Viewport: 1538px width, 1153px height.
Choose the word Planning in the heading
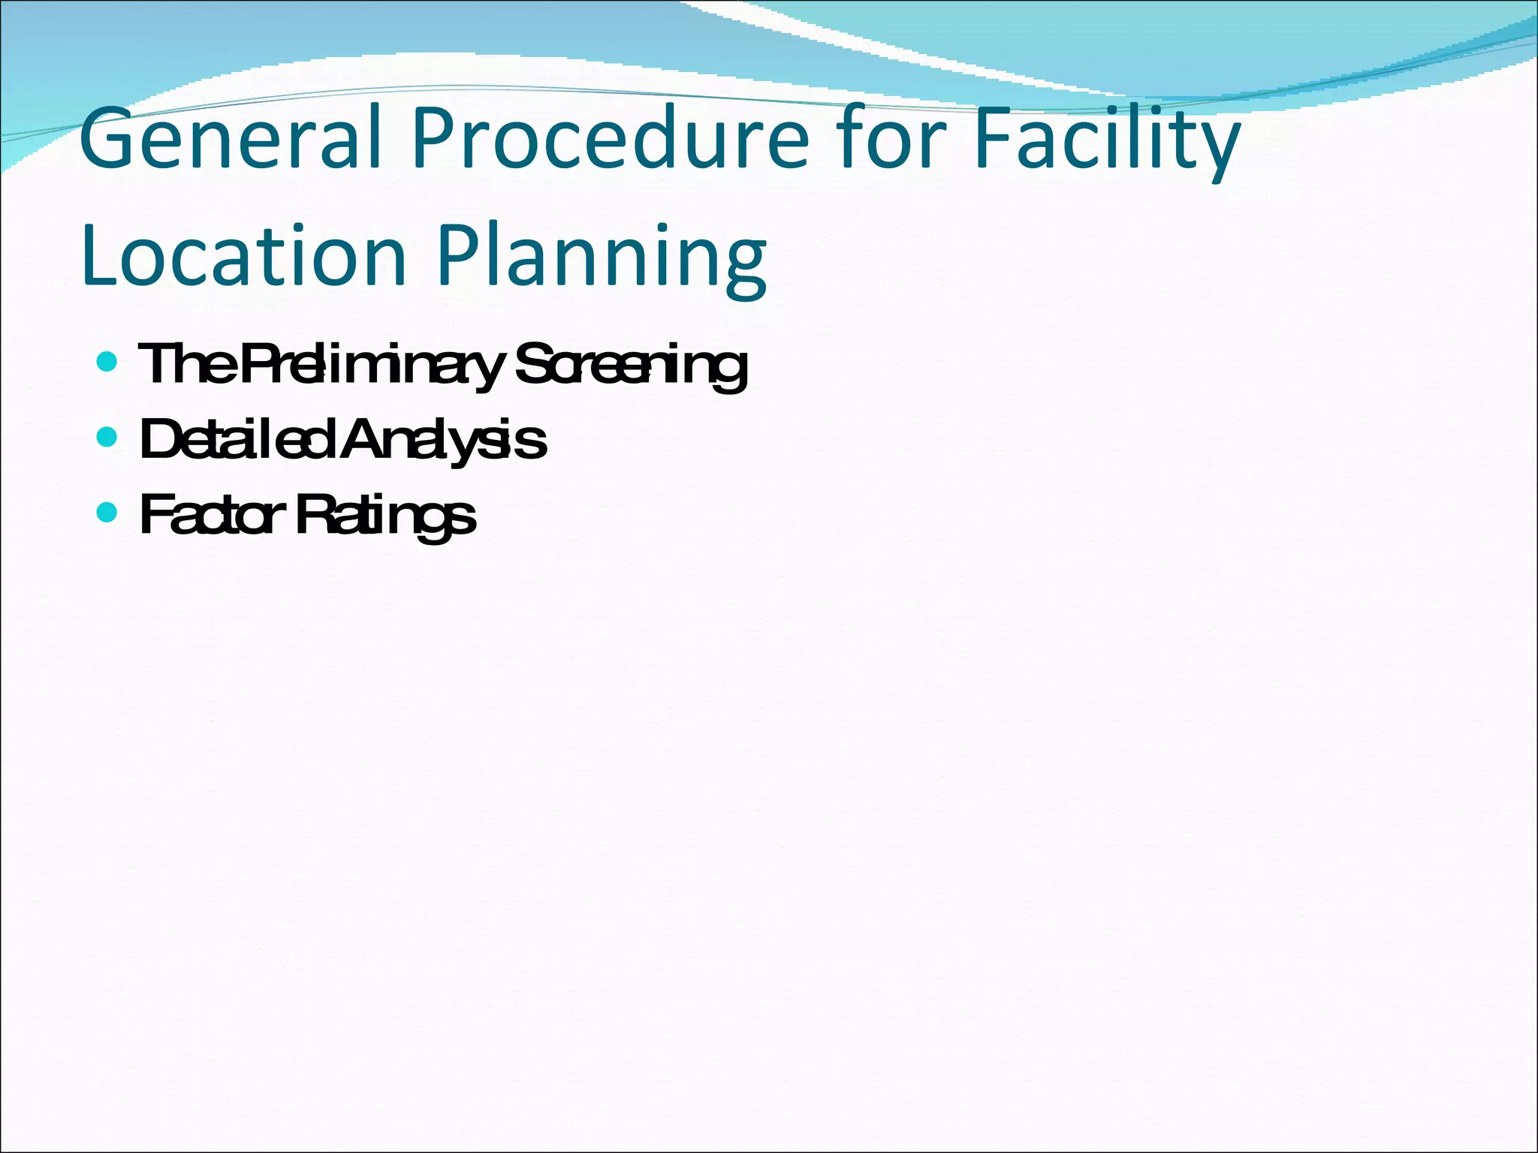[x=602, y=259]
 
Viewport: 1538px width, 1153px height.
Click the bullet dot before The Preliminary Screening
[x=107, y=363]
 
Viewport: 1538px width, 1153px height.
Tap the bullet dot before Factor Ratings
[x=107, y=513]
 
